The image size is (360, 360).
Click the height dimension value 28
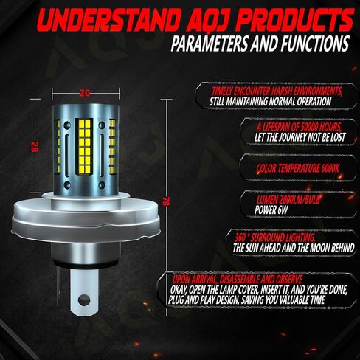coord(35,145)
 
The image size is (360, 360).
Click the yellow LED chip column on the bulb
coord(85,142)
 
